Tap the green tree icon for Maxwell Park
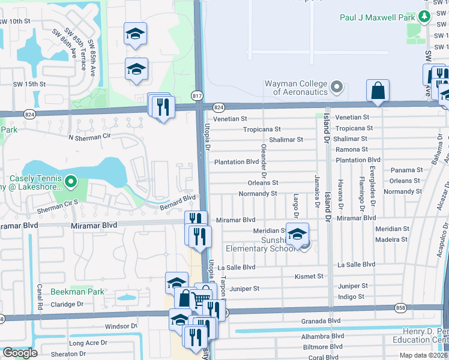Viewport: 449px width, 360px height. click(x=425, y=17)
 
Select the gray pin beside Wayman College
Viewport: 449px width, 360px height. click(x=336, y=88)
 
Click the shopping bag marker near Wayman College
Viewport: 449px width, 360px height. click(x=378, y=91)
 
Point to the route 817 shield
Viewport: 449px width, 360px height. click(x=197, y=95)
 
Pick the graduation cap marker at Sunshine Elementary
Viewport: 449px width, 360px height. click(x=297, y=234)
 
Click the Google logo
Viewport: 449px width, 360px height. click(x=20, y=352)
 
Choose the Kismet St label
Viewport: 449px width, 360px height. click(x=310, y=277)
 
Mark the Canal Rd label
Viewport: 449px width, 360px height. click(x=40, y=294)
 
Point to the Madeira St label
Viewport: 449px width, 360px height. click(x=391, y=239)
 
